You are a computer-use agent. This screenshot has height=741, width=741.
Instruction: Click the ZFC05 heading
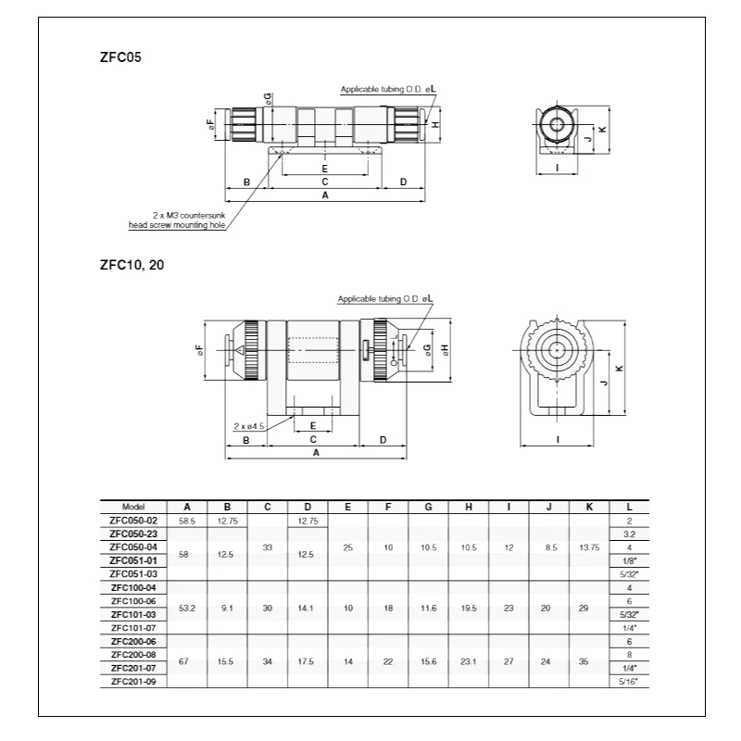coord(120,57)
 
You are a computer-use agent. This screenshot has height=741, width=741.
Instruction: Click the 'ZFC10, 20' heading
coord(132,265)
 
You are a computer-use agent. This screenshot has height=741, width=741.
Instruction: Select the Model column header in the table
coord(133,507)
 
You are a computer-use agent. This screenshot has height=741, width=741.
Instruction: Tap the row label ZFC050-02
coord(133,521)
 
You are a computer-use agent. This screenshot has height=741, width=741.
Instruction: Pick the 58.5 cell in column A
coord(187,521)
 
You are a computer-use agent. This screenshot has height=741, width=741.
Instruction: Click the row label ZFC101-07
coord(133,628)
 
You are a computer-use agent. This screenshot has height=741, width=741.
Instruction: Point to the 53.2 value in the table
coord(187,609)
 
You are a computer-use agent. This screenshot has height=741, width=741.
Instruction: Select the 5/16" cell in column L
coord(629,682)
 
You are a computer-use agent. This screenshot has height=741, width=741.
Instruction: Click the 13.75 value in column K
coord(589,547)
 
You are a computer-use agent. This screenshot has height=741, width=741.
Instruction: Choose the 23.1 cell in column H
coord(469,661)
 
